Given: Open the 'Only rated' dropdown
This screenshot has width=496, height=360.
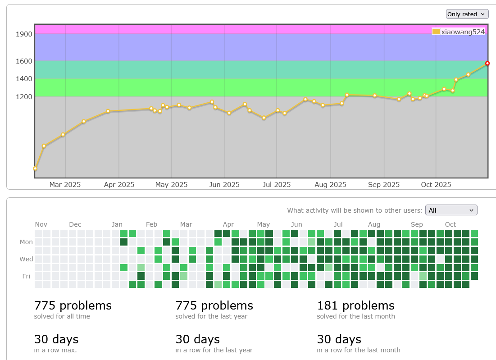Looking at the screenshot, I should [x=467, y=14].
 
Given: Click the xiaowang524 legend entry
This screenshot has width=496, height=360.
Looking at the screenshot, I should [x=458, y=32].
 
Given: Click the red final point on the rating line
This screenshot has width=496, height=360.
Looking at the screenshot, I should [x=487, y=64].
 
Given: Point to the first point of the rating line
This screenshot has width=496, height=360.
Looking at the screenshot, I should [x=35, y=169].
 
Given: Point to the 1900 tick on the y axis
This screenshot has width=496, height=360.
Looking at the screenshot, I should [x=23, y=34].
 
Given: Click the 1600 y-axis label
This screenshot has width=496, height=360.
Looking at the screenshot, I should [x=23, y=61].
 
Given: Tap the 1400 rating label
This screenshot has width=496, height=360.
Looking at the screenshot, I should [x=23, y=79].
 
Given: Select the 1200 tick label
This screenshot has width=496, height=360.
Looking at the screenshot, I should [x=23, y=97].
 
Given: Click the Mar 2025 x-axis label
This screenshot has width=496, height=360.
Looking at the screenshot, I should [x=65, y=185].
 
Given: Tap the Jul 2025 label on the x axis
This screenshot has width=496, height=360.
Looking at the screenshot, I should [x=277, y=185].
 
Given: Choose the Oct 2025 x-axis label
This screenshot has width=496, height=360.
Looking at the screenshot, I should [x=436, y=185].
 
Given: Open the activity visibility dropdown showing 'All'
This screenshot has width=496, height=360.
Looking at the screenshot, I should [x=451, y=210].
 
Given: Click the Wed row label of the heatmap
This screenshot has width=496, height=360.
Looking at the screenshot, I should [x=26, y=259].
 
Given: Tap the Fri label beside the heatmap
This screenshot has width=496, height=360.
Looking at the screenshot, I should [x=27, y=276].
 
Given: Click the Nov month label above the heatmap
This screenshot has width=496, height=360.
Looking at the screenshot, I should [x=41, y=224].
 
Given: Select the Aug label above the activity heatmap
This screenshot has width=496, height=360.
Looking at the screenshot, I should [x=374, y=224].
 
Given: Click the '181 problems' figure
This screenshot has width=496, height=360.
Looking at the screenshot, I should [x=355, y=305].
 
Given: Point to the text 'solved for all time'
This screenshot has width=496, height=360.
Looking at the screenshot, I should [x=62, y=316].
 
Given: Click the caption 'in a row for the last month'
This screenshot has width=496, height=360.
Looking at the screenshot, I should [x=358, y=350].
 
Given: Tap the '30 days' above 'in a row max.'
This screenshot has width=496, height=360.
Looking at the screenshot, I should [x=56, y=339].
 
